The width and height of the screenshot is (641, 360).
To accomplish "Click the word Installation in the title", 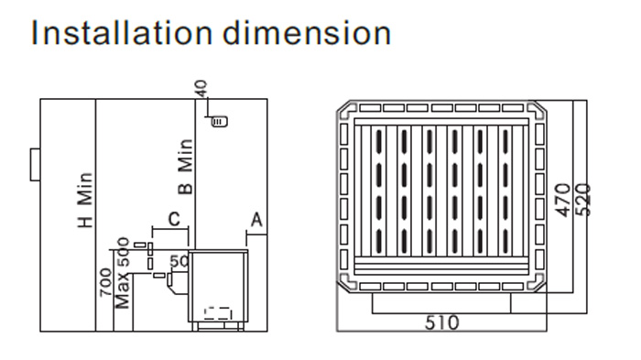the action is click(122, 33).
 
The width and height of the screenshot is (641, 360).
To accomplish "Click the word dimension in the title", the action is click(307, 33).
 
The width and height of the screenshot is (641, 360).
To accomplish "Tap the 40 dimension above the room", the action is click(201, 88).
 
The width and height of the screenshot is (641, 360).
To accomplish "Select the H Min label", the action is click(85, 200).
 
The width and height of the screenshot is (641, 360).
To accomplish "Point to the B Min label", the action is click(185, 167).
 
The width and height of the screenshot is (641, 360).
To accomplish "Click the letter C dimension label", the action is click(174, 219).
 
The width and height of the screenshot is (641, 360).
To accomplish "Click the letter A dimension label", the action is click(256, 220).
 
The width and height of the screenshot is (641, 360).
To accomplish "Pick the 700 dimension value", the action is click(105, 282).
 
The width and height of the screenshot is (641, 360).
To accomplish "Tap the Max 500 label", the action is click(123, 273).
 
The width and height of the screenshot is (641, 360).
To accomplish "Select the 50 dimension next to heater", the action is click(179, 261).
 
